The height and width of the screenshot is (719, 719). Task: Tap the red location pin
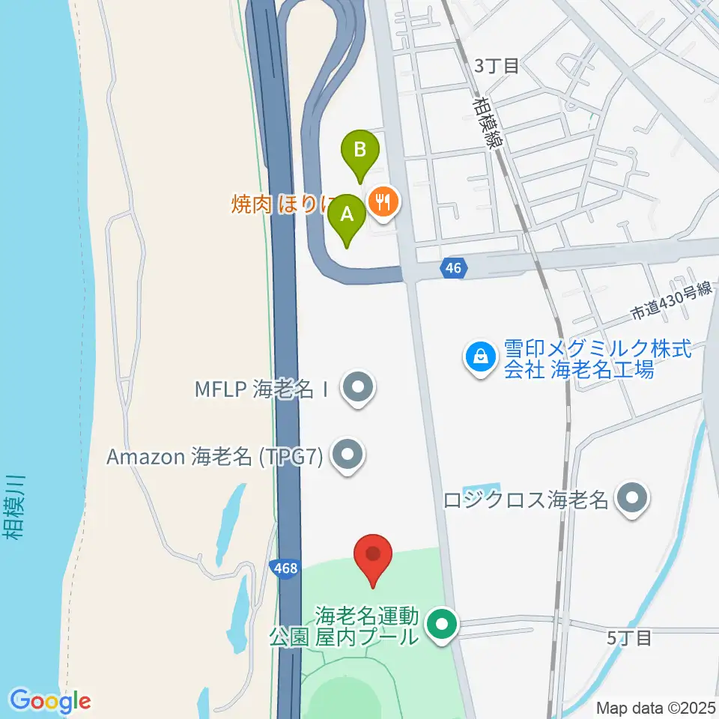point(373,556)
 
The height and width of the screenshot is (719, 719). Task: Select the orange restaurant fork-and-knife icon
point(383,201)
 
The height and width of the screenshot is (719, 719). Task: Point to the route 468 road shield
point(285,569)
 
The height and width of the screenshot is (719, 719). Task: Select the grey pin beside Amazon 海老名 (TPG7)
point(346,455)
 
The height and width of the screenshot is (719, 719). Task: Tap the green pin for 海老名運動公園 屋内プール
point(442,623)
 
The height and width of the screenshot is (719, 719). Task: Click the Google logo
point(50,700)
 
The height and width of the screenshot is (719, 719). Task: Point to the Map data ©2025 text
point(655,707)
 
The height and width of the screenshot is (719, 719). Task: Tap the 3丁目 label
point(497,66)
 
